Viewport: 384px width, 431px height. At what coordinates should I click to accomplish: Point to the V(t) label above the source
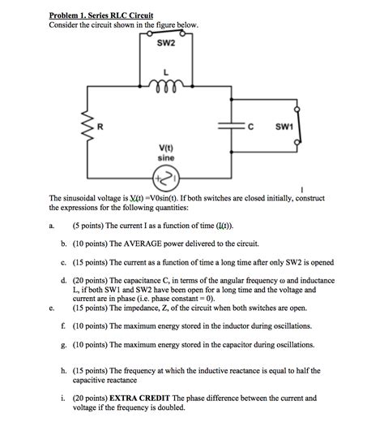[x=166, y=148]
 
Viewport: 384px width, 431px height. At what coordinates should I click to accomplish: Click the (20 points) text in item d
[x=90, y=279]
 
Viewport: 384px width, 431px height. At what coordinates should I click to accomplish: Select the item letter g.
[x=62, y=345]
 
